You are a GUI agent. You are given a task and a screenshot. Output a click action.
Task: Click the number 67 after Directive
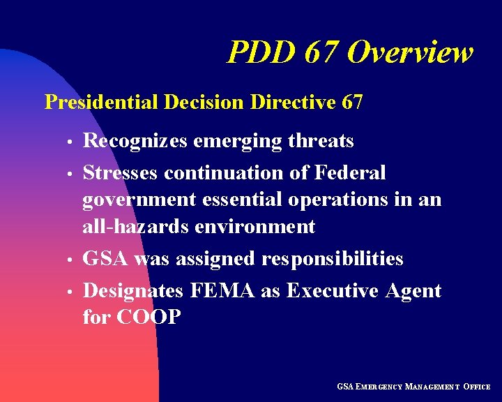353,103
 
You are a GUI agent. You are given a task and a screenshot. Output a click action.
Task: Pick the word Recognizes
135,142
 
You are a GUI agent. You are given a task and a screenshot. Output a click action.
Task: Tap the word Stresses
120,172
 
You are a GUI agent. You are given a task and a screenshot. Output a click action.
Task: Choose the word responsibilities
332,260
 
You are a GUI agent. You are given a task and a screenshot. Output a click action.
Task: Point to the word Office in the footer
476,386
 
